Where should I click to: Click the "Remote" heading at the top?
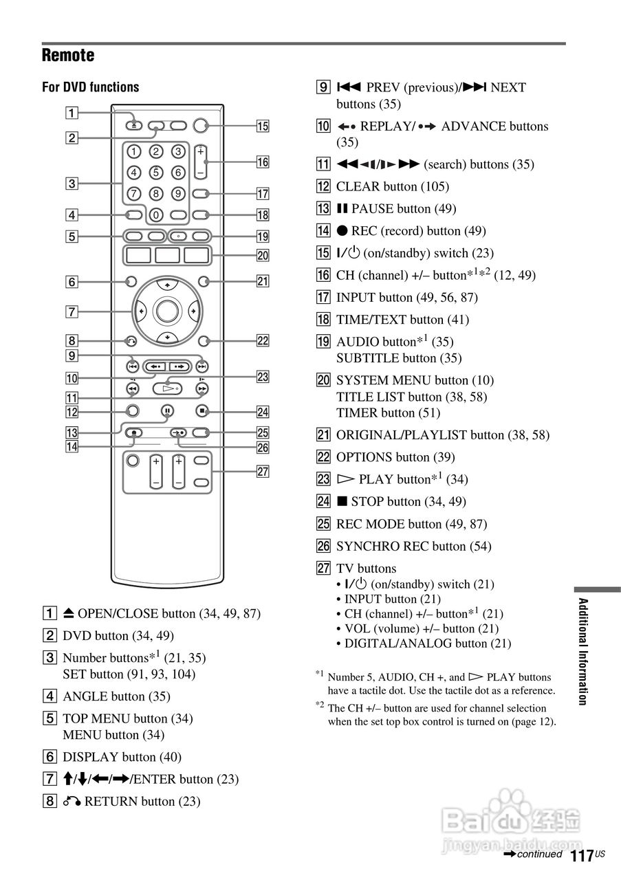[68, 56]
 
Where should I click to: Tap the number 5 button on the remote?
[156, 173]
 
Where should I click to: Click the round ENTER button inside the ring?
[166, 311]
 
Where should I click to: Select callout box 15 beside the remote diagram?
[262, 126]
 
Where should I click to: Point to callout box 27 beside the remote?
[262, 472]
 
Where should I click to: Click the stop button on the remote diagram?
[201, 412]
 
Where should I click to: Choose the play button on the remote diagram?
[166, 388]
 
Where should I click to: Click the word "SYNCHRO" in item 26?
[364, 547]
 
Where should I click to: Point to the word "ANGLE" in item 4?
[85, 696]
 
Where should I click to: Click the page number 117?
[581, 856]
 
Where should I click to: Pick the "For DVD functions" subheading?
[91, 87]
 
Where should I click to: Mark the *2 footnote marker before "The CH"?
[319, 705]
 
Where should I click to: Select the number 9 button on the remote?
[178, 194]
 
